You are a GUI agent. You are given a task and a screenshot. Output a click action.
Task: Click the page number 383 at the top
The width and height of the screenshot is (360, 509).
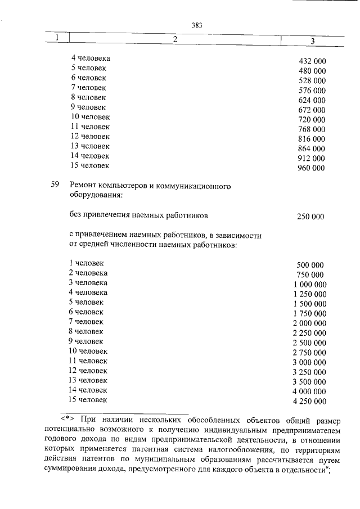(x=196, y=25)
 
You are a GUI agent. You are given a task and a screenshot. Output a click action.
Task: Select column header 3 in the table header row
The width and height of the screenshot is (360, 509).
(x=313, y=40)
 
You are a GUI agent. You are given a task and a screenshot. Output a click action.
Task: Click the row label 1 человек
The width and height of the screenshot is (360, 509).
(x=86, y=263)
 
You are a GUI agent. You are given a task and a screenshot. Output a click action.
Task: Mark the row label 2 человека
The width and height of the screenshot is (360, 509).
(x=88, y=273)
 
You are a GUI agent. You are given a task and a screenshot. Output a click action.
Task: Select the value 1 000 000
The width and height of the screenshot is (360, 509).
(x=309, y=285)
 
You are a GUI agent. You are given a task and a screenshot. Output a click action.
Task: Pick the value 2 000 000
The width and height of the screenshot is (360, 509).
(x=309, y=323)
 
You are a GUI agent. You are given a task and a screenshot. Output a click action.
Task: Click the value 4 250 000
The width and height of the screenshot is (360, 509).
(x=309, y=401)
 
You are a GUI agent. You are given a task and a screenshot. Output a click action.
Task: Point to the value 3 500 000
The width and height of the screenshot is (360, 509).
(x=309, y=381)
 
